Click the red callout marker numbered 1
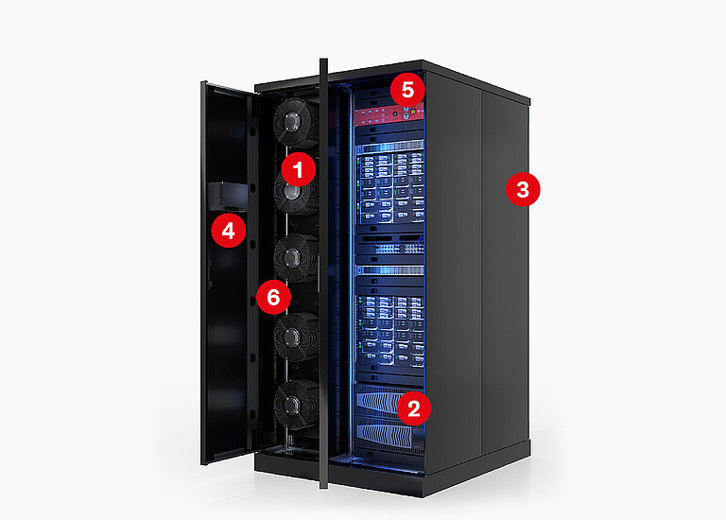[x=298, y=169]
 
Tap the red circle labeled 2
[x=413, y=407]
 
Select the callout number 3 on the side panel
[x=523, y=189]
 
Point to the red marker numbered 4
[x=228, y=230]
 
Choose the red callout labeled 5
[x=407, y=90]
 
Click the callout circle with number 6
[x=273, y=297]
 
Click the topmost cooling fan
[x=296, y=122]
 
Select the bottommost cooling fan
[x=296, y=405]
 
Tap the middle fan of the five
[x=296, y=258]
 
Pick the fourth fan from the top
[x=296, y=337]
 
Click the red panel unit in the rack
[x=389, y=114]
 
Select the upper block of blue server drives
[x=390, y=187]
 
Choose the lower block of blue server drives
[x=390, y=329]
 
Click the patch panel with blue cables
[x=389, y=245]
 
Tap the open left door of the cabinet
[x=228, y=273]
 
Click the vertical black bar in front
[x=323, y=273]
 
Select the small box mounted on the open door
[x=228, y=197]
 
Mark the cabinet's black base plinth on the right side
[x=476, y=468]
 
